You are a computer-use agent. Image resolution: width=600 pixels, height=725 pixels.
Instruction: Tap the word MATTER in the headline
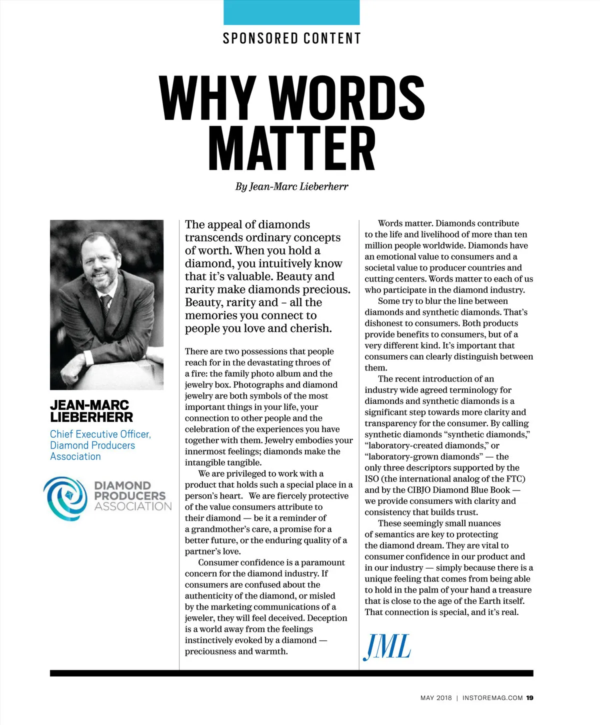(x=291, y=148)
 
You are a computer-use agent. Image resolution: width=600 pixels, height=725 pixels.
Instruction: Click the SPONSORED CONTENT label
(x=291, y=38)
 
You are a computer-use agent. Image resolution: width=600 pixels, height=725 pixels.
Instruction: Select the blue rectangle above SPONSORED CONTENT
(x=291, y=12)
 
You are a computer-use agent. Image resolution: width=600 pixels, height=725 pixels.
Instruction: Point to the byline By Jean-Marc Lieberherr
(x=291, y=186)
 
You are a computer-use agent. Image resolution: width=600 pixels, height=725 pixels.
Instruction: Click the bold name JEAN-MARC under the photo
(x=89, y=405)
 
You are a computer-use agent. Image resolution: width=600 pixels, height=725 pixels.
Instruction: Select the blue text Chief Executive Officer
(x=100, y=434)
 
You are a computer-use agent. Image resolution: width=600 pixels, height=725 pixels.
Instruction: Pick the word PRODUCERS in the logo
(x=129, y=495)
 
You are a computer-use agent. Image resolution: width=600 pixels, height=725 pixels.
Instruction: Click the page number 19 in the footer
(x=529, y=698)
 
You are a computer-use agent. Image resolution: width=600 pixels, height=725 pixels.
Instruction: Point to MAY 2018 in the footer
(x=436, y=698)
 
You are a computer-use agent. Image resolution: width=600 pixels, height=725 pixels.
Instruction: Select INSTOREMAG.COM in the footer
(x=492, y=698)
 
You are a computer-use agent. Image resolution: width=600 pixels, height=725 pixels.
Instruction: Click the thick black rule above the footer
(x=291, y=673)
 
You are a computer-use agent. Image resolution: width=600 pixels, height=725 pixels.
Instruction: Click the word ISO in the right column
(x=371, y=479)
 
